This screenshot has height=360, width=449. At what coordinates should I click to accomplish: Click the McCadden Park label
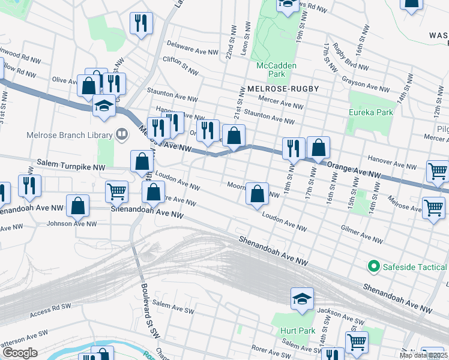(270, 70)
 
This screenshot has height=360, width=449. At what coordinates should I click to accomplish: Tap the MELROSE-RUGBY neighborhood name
(282, 88)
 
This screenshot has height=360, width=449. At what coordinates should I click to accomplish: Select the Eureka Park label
(372, 112)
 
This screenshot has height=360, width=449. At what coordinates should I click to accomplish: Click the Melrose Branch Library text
(70, 135)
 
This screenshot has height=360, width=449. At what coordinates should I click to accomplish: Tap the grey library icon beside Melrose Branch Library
(122, 134)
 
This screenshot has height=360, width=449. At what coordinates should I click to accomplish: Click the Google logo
(19, 353)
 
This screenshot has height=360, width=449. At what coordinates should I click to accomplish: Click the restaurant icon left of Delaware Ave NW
(141, 24)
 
